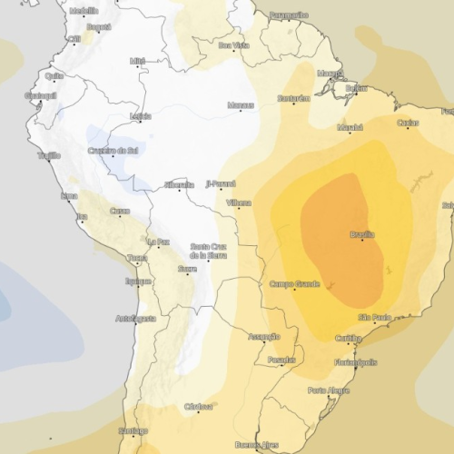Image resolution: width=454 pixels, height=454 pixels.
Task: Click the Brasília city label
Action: [361, 234]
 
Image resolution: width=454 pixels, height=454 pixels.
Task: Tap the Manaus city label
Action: [240, 105]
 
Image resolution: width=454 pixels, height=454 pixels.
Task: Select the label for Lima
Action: [68, 195]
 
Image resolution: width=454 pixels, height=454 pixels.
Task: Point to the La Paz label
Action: [158, 242]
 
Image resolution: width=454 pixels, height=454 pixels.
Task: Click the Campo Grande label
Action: [294, 284]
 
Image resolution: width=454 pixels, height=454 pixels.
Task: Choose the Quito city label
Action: [54, 76]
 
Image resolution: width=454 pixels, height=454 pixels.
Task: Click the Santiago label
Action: [133, 430]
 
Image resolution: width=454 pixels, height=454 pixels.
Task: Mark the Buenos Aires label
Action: [256, 445]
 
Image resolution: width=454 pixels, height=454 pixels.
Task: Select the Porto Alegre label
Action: [328, 390]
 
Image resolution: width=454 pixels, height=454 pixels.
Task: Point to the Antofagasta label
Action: [136, 319]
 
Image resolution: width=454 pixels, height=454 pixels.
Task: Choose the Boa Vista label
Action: [233, 44]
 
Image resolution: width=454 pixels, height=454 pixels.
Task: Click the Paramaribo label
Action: [288, 15]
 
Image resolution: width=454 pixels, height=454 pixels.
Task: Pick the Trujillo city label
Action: [48, 156]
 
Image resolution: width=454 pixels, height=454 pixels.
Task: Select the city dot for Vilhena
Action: [240, 208]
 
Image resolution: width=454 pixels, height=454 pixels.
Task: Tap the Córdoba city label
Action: [197, 406]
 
